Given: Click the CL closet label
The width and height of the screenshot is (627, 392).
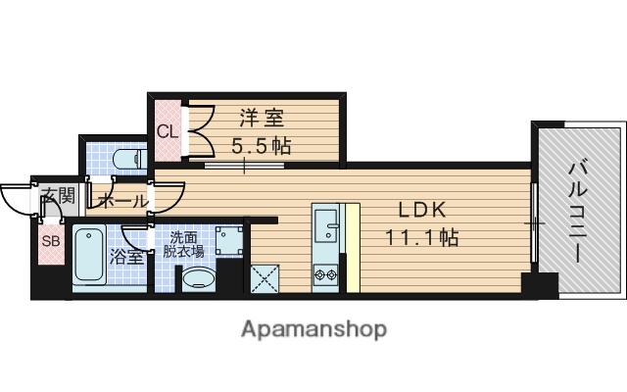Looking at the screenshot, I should [166, 130].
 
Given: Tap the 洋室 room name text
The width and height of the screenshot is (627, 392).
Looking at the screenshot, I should [261, 120].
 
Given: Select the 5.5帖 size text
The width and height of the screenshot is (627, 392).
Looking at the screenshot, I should [261, 146].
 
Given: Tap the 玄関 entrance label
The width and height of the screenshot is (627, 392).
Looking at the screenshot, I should [57, 196].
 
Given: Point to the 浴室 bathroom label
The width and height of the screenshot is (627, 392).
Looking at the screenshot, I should [126, 258].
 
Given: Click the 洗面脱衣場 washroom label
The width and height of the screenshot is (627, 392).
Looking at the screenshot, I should [183, 245].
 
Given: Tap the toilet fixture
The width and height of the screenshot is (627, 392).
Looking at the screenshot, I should [125, 158].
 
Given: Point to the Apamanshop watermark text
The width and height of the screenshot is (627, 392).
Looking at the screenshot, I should [313, 328].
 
